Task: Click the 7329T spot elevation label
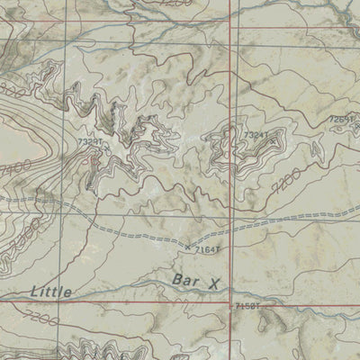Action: pyautogui.click(x=92, y=141)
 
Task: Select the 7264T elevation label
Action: pyautogui.click(x=342, y=118)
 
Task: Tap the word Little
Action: pyautogui.click(x=49, y=290)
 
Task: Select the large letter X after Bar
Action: pyautogui.click(x=213, y=283)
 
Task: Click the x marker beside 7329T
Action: pyautogui.click(x=91, y=150)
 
